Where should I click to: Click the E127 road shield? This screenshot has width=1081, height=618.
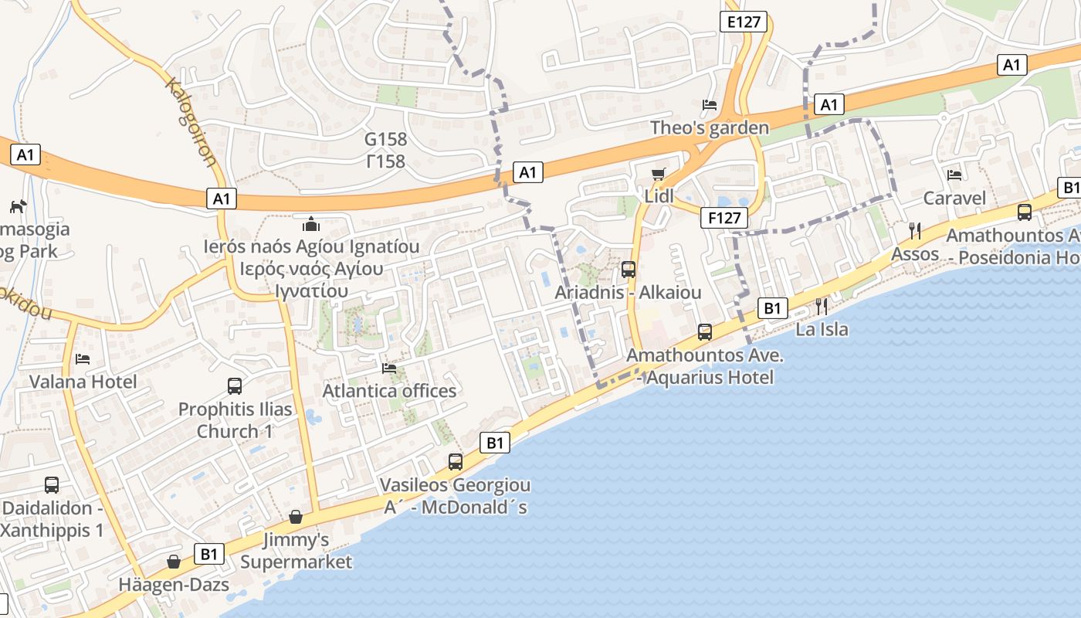point(744,22)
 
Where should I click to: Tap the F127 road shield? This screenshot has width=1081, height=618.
point(724,218)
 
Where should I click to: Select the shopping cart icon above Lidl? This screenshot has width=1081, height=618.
point(658,174)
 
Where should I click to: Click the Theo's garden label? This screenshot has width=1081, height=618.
point(710,127)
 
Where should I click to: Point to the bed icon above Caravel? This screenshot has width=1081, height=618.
point(954,175)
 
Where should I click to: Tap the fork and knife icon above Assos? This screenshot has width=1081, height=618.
point(915,230)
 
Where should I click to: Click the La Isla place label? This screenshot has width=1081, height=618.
point(822,329)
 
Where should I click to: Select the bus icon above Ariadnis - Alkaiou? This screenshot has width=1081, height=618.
point(629,270)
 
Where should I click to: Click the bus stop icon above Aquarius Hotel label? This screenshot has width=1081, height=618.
point(705,332)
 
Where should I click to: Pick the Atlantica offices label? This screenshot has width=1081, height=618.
point(389,391)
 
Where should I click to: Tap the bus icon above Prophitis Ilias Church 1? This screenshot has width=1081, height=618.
point(235,385)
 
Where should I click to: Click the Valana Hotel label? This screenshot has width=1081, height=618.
point(83,382)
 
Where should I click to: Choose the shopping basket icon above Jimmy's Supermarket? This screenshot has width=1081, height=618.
point(296,516)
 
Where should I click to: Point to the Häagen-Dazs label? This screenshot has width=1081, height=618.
point(174,585)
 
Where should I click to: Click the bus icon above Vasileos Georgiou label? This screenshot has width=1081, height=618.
point(456,462)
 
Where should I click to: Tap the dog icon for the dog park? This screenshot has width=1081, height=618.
point(17,206)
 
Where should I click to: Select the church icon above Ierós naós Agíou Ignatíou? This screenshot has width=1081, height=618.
point(311,224)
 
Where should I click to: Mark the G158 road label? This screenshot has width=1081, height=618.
point(385,140)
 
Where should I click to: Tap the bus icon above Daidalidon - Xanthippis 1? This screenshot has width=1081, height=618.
point(52,484)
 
